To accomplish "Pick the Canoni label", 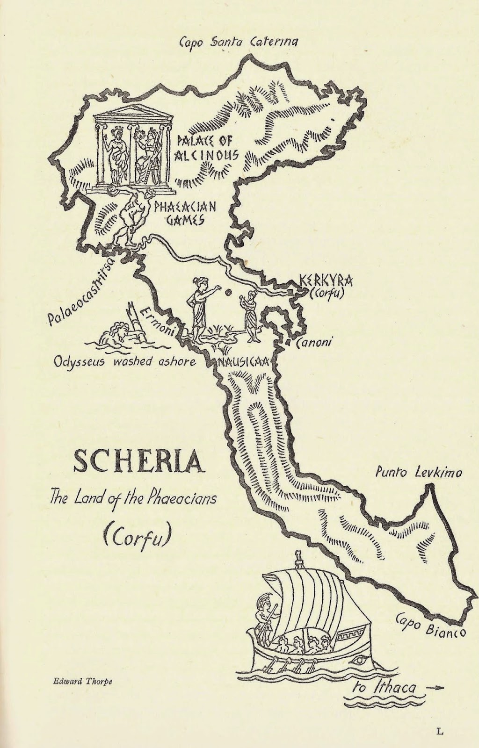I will [314, 342].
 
